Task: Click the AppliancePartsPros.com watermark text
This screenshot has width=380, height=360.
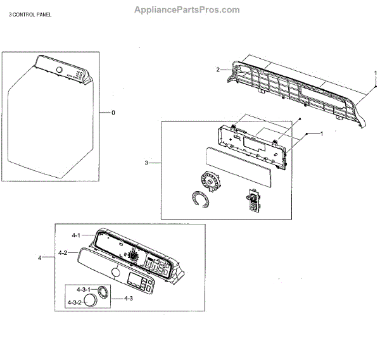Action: [187, 9]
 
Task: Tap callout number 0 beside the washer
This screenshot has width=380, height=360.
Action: [113, 113]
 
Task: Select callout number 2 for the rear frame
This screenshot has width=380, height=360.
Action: [218, 69]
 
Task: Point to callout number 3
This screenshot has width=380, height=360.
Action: [146, 163]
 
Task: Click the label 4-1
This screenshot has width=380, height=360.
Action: [75, 235]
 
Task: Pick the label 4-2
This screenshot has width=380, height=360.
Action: [63, 252]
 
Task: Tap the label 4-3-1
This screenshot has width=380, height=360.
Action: [75, 289]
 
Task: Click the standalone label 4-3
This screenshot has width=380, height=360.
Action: [128, 297]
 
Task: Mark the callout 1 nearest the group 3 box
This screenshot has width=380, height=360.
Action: [321, 133]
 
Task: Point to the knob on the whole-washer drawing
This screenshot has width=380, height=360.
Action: [58, 69]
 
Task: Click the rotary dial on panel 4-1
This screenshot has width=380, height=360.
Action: [134, 256]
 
